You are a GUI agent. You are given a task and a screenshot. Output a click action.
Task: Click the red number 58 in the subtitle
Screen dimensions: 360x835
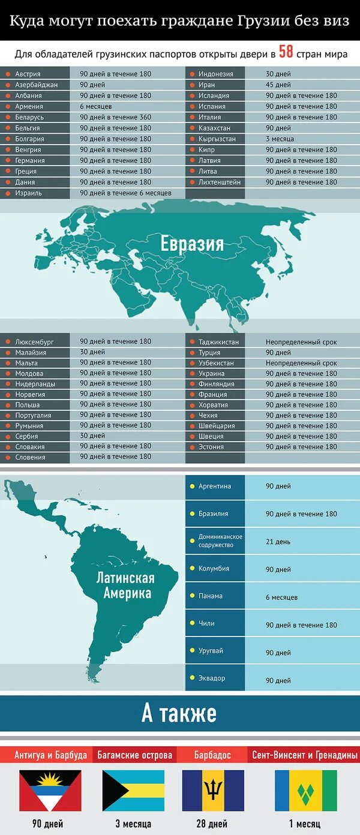coord(286,52)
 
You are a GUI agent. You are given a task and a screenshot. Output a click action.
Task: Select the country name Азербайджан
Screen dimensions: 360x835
coord(37,85)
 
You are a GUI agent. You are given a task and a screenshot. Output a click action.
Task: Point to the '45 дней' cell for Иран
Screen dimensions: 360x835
coord(278,85)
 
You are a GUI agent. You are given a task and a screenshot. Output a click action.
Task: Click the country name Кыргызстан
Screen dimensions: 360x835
coord(217,139)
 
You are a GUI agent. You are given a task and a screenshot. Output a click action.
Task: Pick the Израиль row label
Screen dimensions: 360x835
coord(29,193)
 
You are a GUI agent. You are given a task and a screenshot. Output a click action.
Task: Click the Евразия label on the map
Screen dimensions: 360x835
coord(192,244)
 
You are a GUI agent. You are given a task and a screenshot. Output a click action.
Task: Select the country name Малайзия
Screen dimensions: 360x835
coord(31,353)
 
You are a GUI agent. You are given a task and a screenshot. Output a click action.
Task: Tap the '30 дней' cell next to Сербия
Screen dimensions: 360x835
coord(92,436)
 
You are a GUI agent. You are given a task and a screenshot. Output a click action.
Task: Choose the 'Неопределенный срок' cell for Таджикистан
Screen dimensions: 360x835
coord(301,342)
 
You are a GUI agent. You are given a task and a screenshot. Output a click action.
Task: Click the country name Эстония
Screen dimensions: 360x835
coord(211,447)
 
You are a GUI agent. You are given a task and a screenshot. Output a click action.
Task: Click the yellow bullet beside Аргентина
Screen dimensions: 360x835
coord(192,486)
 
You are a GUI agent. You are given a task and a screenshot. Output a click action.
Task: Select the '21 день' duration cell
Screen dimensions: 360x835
coord(278,542)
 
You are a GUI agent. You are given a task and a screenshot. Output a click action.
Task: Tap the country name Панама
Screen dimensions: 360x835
coord(211,596)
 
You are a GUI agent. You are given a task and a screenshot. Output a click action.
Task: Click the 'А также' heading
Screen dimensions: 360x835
coord(179,714)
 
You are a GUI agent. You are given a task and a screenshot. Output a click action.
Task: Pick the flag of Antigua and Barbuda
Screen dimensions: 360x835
coord(50,791)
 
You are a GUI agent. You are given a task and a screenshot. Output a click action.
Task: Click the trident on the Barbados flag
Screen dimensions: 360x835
coord(213,790)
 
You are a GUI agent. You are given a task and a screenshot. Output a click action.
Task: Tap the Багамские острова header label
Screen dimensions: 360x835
coord(135,755)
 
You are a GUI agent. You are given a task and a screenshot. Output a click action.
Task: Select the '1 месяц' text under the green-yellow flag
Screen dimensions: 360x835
coord(305,824)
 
